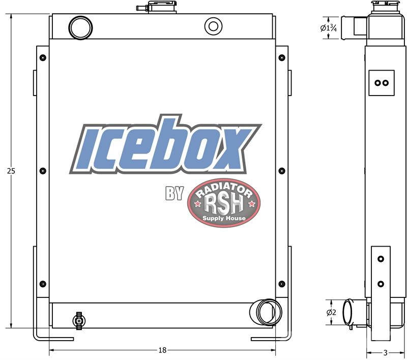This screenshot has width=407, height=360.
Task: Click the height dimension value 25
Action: tap(11, 171)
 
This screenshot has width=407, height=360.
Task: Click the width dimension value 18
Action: tap(162, 350)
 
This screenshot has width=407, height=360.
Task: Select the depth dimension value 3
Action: tap(386, 352)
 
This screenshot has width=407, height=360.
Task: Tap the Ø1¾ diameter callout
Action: tap(328, 28)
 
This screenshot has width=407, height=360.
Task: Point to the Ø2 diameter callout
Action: tap(331, 312)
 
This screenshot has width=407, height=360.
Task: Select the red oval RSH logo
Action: tap(224, 203)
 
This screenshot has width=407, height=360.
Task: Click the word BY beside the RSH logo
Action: tap(175, 193)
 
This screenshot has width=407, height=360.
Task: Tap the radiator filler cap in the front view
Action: tap(157, 7)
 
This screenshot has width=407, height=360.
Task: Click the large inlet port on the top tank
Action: tap(80, 28)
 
